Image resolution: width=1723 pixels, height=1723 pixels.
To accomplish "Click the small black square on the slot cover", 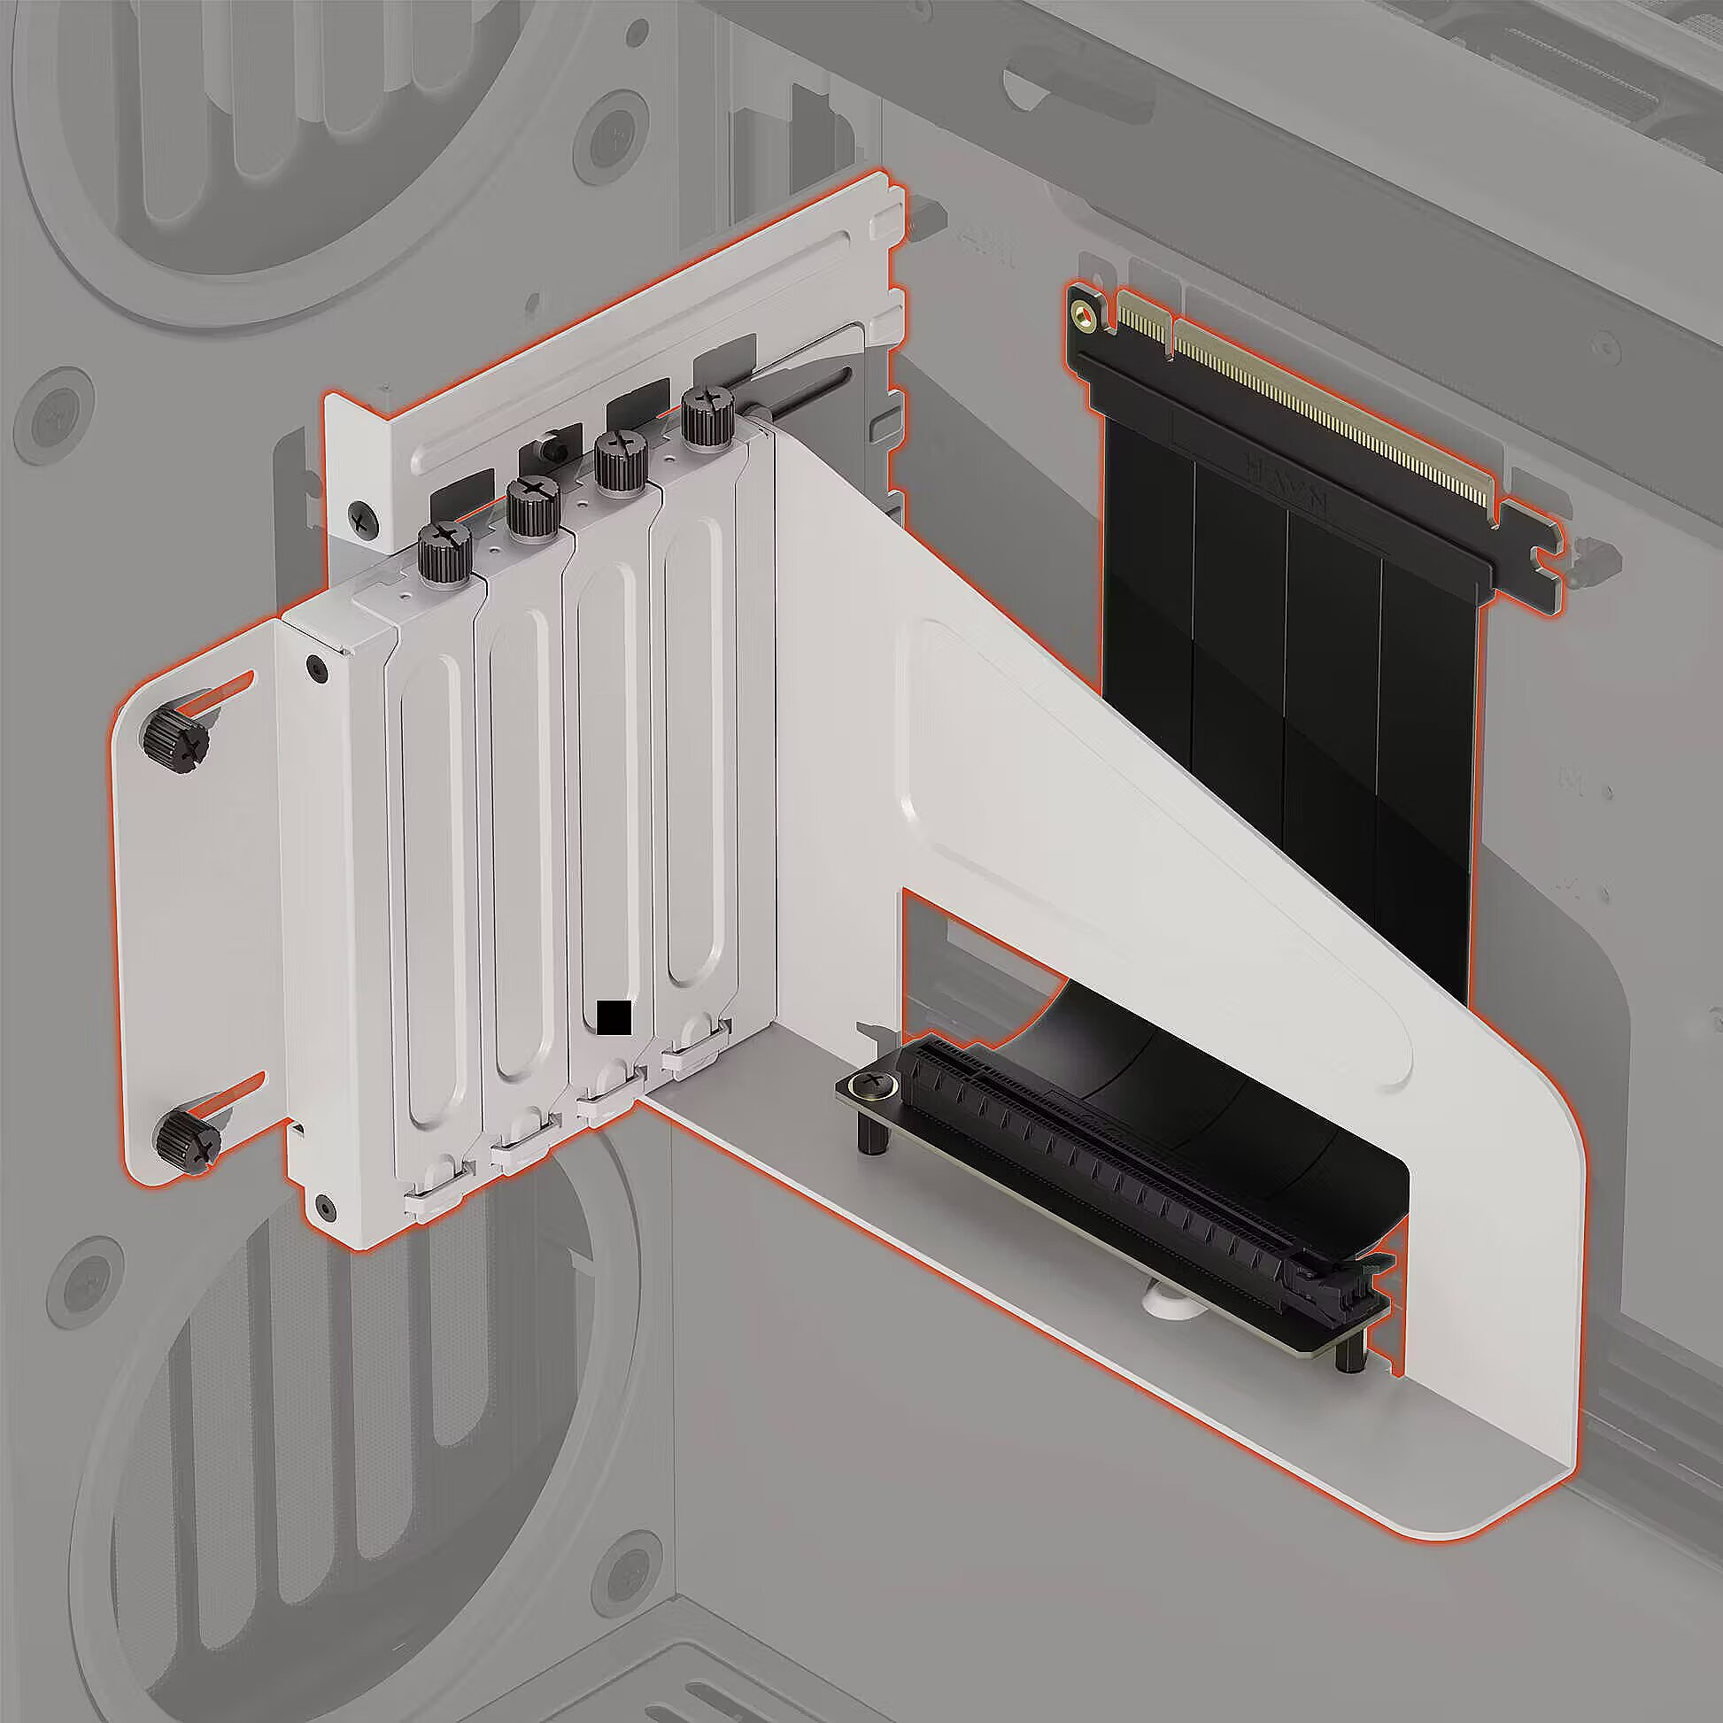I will coord(614,1017).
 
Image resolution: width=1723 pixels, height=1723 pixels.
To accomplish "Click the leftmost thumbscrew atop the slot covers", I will coord(445,548).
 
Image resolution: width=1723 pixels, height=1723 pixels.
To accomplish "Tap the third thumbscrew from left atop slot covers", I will coord(620,461).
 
